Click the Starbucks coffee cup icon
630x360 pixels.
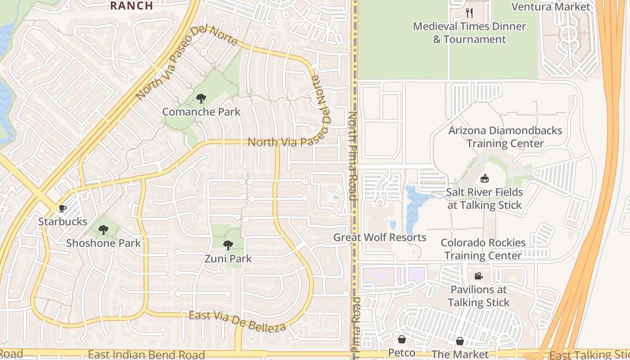tap(62, 208)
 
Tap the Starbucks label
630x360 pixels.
tap(63, 221)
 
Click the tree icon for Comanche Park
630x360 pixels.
tap(201, 99)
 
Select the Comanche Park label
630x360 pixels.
tap(201, 112)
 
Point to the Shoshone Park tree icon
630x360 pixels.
tap(103, 230)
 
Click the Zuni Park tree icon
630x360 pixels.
tap(228, 245)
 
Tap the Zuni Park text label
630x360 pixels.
tap(228, 259)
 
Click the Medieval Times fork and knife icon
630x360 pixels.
tap(469, 13)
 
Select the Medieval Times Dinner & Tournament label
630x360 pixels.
tap(469, 32)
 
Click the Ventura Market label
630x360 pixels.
tap(550, 7)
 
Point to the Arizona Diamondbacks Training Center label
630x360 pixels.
tap(505, 137)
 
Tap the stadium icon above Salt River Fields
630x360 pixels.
tap(485, 179)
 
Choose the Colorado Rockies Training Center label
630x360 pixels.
tap(483, 249)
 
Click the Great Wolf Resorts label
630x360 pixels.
tap(380, 237)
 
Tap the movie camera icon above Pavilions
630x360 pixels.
tap(478, 276)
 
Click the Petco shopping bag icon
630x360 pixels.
tap(401, 339)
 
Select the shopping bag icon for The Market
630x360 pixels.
tap(459, 341)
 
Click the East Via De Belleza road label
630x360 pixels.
tap(237, 321)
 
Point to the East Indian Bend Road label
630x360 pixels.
tap(147, 355)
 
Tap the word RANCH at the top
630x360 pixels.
tap(131, 5)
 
